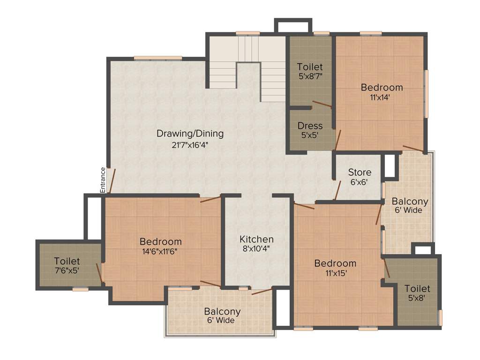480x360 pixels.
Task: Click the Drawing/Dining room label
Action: coord(190,134)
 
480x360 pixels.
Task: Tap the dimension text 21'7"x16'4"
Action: coord(190,145)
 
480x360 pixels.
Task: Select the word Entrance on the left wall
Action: coord(103,180)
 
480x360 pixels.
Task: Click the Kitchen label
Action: coord(256,239)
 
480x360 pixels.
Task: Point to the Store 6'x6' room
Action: coord(360,177)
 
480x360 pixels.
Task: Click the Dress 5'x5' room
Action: coord(310,130)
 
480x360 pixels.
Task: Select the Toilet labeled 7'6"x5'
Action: coord(67,265)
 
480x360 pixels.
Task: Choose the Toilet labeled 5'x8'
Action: coord(417,292)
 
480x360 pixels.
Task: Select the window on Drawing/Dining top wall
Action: coord(157,58)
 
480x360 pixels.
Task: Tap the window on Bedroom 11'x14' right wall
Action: coord(426,94)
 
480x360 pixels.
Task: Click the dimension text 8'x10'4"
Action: coord(256,249)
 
